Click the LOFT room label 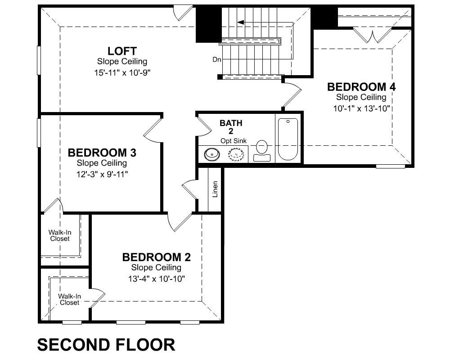122,51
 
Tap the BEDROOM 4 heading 361,87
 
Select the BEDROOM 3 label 102,153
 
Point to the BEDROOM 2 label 157,257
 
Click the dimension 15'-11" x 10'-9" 122,72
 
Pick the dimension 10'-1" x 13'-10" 362,108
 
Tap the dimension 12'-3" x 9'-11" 102,174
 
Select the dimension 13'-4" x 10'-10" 157,279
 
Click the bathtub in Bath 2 288,139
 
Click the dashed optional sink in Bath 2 236,154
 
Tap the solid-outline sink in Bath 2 212,154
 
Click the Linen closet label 215,189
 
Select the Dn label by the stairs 217,59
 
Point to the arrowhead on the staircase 240,22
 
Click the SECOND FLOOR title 106,345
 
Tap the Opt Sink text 234,141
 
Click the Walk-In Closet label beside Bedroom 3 60,235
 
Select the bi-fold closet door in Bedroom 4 372,35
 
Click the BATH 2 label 231,127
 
